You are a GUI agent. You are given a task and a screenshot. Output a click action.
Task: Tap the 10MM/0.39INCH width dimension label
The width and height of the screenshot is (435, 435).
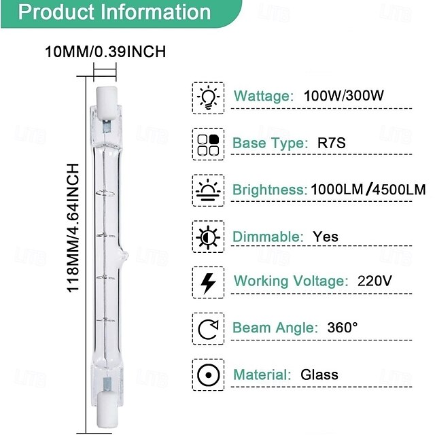[105, 51]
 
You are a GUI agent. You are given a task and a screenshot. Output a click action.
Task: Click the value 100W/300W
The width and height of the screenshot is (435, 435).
[345, 96]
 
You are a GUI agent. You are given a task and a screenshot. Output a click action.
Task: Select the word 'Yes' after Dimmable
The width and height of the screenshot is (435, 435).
[326, 237]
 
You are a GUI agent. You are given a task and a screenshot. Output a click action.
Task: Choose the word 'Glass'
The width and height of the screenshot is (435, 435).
[319, 375]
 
